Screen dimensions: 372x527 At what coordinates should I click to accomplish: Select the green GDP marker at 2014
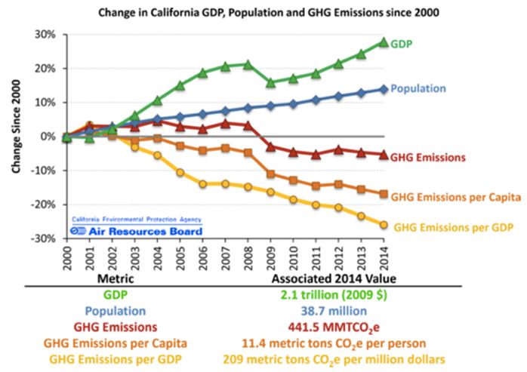coord(384,42)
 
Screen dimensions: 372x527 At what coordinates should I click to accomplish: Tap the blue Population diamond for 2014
coord(384,88)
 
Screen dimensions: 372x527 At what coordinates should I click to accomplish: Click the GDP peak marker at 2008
coord(248,64)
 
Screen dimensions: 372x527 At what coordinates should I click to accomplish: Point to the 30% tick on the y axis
coord(44,35)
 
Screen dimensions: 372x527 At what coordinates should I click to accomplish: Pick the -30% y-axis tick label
coord(42,238)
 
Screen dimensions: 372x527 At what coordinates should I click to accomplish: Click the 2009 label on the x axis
coord(270,256)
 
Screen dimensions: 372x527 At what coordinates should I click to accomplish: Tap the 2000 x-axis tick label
coord(66,256)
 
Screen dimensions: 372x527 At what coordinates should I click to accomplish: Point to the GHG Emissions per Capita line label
coord(455,198)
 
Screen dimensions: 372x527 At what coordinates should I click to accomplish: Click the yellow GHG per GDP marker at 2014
coord(384,224)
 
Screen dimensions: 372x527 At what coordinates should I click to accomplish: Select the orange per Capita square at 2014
coord(384,194)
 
